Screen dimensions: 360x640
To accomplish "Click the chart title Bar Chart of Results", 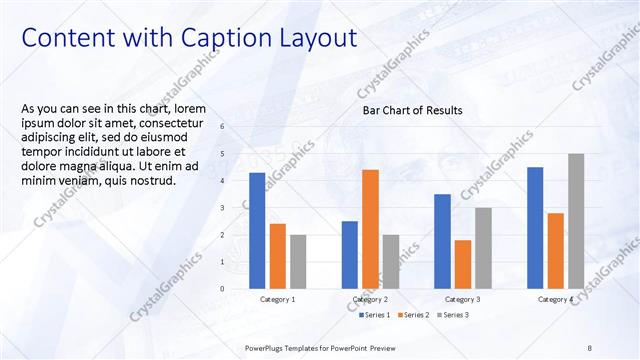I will [412, 111].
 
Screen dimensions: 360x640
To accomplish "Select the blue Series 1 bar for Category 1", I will [257, 230].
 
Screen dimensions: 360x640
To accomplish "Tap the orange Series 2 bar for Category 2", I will [370, 229].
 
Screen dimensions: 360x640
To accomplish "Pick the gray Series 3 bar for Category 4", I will [576, 221].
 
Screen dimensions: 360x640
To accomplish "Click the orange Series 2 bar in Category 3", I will [462, 264].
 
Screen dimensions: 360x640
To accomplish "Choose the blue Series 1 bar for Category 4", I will [535, 227].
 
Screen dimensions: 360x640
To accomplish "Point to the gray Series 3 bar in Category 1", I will [299, 261].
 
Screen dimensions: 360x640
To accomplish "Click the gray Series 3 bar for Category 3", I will [483, 248].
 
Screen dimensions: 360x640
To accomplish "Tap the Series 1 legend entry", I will [377, 316].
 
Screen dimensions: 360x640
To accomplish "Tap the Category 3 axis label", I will [462, 300].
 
